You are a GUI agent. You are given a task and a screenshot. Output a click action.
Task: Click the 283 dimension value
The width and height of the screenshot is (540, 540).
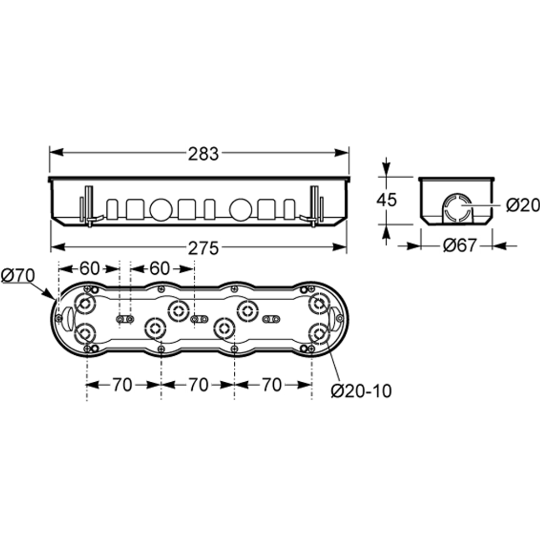click(203, 154)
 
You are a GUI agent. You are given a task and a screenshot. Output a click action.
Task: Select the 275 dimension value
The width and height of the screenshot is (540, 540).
click(203, 248)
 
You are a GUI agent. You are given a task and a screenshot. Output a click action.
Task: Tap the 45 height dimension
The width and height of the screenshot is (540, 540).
click(387, 200)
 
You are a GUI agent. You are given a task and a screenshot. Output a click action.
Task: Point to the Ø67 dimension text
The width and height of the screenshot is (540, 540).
click(460, 246)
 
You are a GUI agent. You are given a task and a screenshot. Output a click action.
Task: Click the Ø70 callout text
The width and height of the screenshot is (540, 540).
click(18, 275)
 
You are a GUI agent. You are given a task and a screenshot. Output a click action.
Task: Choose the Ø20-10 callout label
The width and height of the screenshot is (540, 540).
click(361, 391)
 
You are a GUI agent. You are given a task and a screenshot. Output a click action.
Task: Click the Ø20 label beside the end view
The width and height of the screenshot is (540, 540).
click(523, 206)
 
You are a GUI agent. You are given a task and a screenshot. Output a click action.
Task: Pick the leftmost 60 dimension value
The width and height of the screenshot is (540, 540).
click(90, 268)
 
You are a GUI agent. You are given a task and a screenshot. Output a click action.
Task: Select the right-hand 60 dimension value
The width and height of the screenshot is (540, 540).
click(160, 268)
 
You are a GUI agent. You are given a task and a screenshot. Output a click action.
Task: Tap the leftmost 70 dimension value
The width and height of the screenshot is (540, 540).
click(122, 385)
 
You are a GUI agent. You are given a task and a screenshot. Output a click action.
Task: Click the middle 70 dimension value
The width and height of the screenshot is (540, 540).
click(198, 385)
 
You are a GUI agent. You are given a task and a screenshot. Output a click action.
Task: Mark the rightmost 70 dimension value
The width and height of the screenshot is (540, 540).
click(272, 385)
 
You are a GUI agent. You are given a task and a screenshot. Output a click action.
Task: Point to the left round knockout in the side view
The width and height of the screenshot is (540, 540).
click(161, 210)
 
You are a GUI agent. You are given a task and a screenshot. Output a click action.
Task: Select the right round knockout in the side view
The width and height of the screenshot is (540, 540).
click(240, 210)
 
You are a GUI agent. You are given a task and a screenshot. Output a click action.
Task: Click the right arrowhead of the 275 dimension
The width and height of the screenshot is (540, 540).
click(339, 247)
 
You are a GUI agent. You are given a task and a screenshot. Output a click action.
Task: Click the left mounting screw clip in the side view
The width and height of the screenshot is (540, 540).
click(89, 206)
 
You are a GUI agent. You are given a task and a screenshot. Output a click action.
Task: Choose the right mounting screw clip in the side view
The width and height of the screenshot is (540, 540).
click(313, 206)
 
